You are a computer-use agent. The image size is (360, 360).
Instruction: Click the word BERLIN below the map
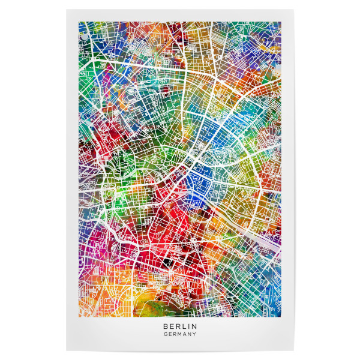180,326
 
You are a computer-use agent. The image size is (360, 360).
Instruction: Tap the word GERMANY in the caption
180,334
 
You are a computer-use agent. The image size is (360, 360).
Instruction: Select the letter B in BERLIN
165,326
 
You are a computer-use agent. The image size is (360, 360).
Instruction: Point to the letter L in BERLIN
182,326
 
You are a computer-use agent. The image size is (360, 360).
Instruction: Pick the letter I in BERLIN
188,326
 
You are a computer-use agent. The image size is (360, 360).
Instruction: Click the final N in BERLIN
194,326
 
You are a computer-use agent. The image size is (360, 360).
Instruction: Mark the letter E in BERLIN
171,326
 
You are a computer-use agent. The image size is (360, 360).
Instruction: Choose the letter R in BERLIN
177,326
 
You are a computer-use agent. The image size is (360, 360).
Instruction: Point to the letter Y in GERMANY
195,334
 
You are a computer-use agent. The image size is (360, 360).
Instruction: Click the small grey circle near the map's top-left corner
83,37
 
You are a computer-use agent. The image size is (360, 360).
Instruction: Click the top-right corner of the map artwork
281,22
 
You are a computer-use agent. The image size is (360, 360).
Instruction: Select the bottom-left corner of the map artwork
79,313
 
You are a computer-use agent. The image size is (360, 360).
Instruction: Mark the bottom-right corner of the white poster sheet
294,350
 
